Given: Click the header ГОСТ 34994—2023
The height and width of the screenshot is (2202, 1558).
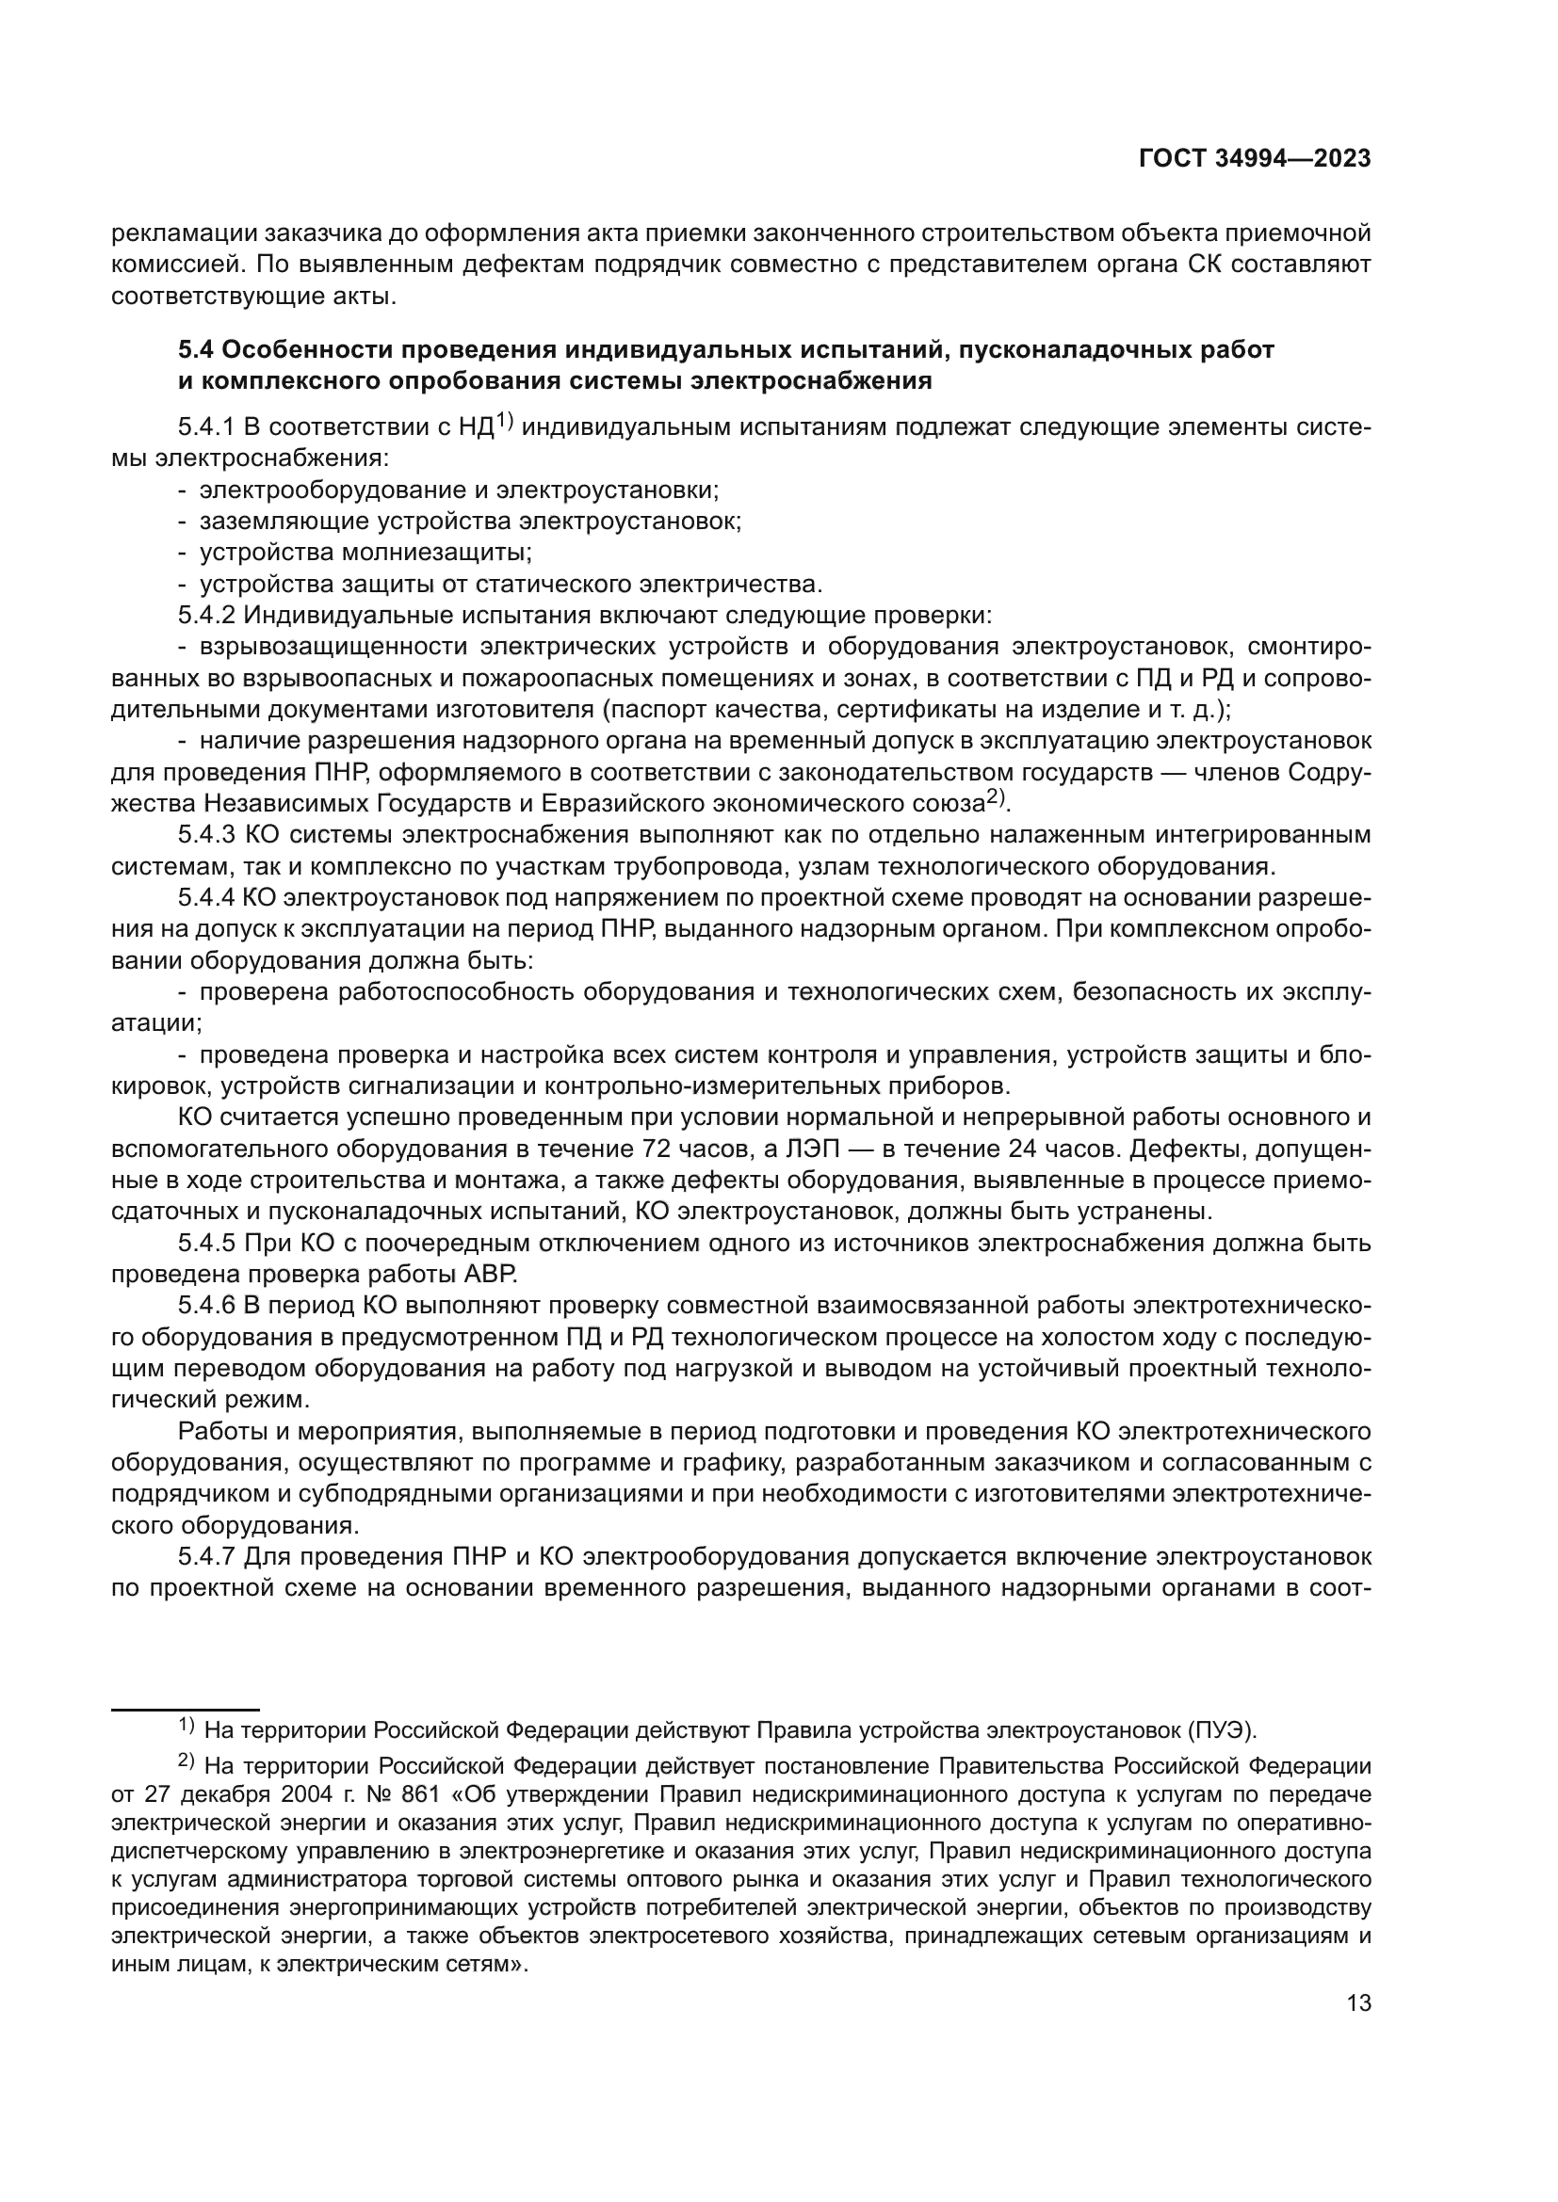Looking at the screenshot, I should click(1255, 159).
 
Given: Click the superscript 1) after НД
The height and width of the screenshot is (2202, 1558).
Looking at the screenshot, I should click(505, 421).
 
